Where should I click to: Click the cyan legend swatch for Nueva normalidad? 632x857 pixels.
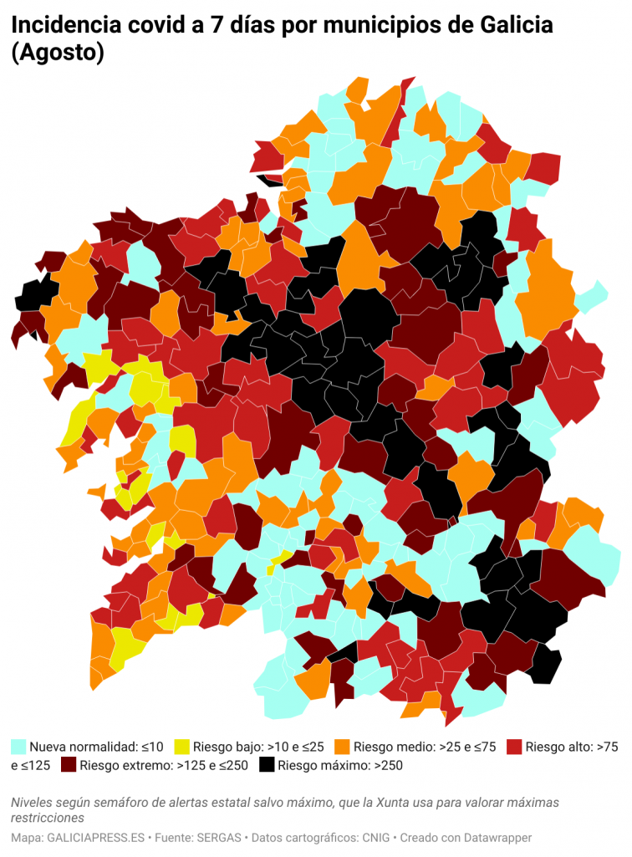[18, 746]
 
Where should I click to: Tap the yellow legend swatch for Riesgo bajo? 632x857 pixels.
[181, 746]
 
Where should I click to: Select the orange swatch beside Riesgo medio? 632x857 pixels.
[342, 746]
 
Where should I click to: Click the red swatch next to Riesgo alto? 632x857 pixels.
[514, 746]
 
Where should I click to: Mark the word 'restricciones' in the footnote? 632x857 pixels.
[48, 817]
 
